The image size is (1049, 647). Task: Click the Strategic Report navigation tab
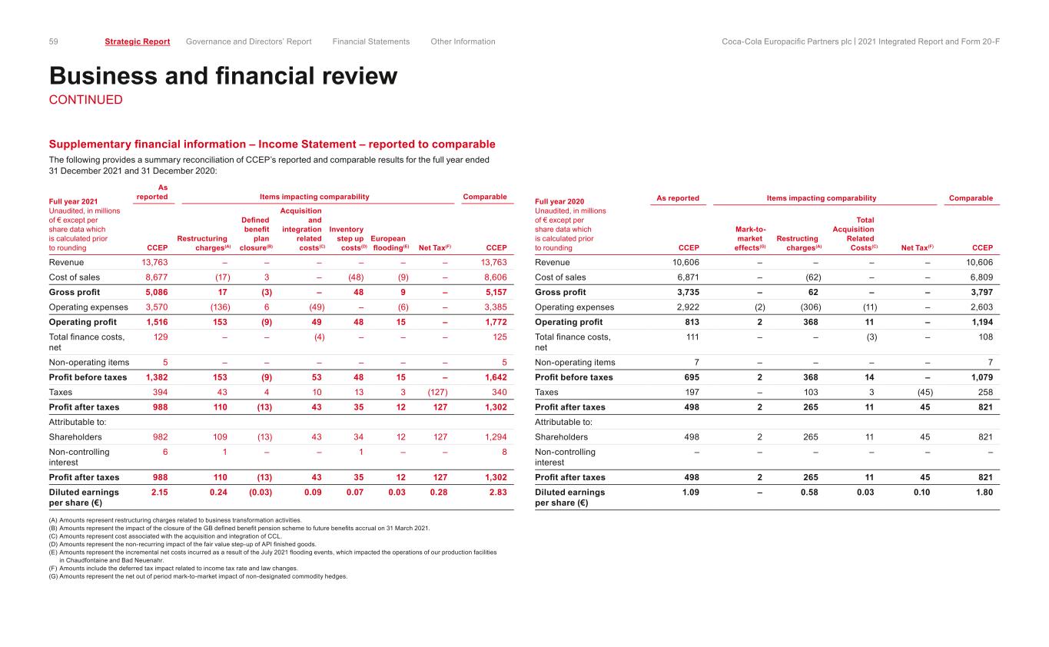(137, 41)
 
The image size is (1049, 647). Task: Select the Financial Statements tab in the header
(371, 41)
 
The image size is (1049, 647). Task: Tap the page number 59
(54, 41)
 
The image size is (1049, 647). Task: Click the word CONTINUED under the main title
(85, 100)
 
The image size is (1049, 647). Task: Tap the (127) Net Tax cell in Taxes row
(437, 392)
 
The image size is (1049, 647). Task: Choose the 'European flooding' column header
(388, 243)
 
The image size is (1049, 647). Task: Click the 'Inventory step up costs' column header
(347, 238)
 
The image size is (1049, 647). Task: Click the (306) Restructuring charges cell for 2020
(808, 307)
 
